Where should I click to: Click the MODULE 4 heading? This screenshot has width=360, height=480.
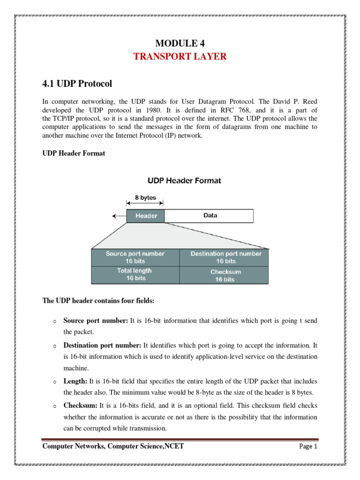tap(180, 44)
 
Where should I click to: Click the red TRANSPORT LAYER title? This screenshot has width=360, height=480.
tap(180, 57)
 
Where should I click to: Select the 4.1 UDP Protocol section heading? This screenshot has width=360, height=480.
tap(77, 84)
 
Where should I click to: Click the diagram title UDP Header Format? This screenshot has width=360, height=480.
tap(185, 180)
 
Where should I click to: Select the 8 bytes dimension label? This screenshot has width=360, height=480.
tap(145, 198)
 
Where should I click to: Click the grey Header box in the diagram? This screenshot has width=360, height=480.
tap(145, 216)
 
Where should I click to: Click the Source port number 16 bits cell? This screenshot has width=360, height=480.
tap(135, 257)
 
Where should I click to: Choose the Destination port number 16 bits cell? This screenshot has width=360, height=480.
tap(225, 257)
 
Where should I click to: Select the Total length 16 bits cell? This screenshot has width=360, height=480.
tap(135, 275)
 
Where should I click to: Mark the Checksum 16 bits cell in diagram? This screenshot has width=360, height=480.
tap(225, 275)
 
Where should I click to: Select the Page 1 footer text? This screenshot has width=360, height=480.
tap(308, 447)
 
